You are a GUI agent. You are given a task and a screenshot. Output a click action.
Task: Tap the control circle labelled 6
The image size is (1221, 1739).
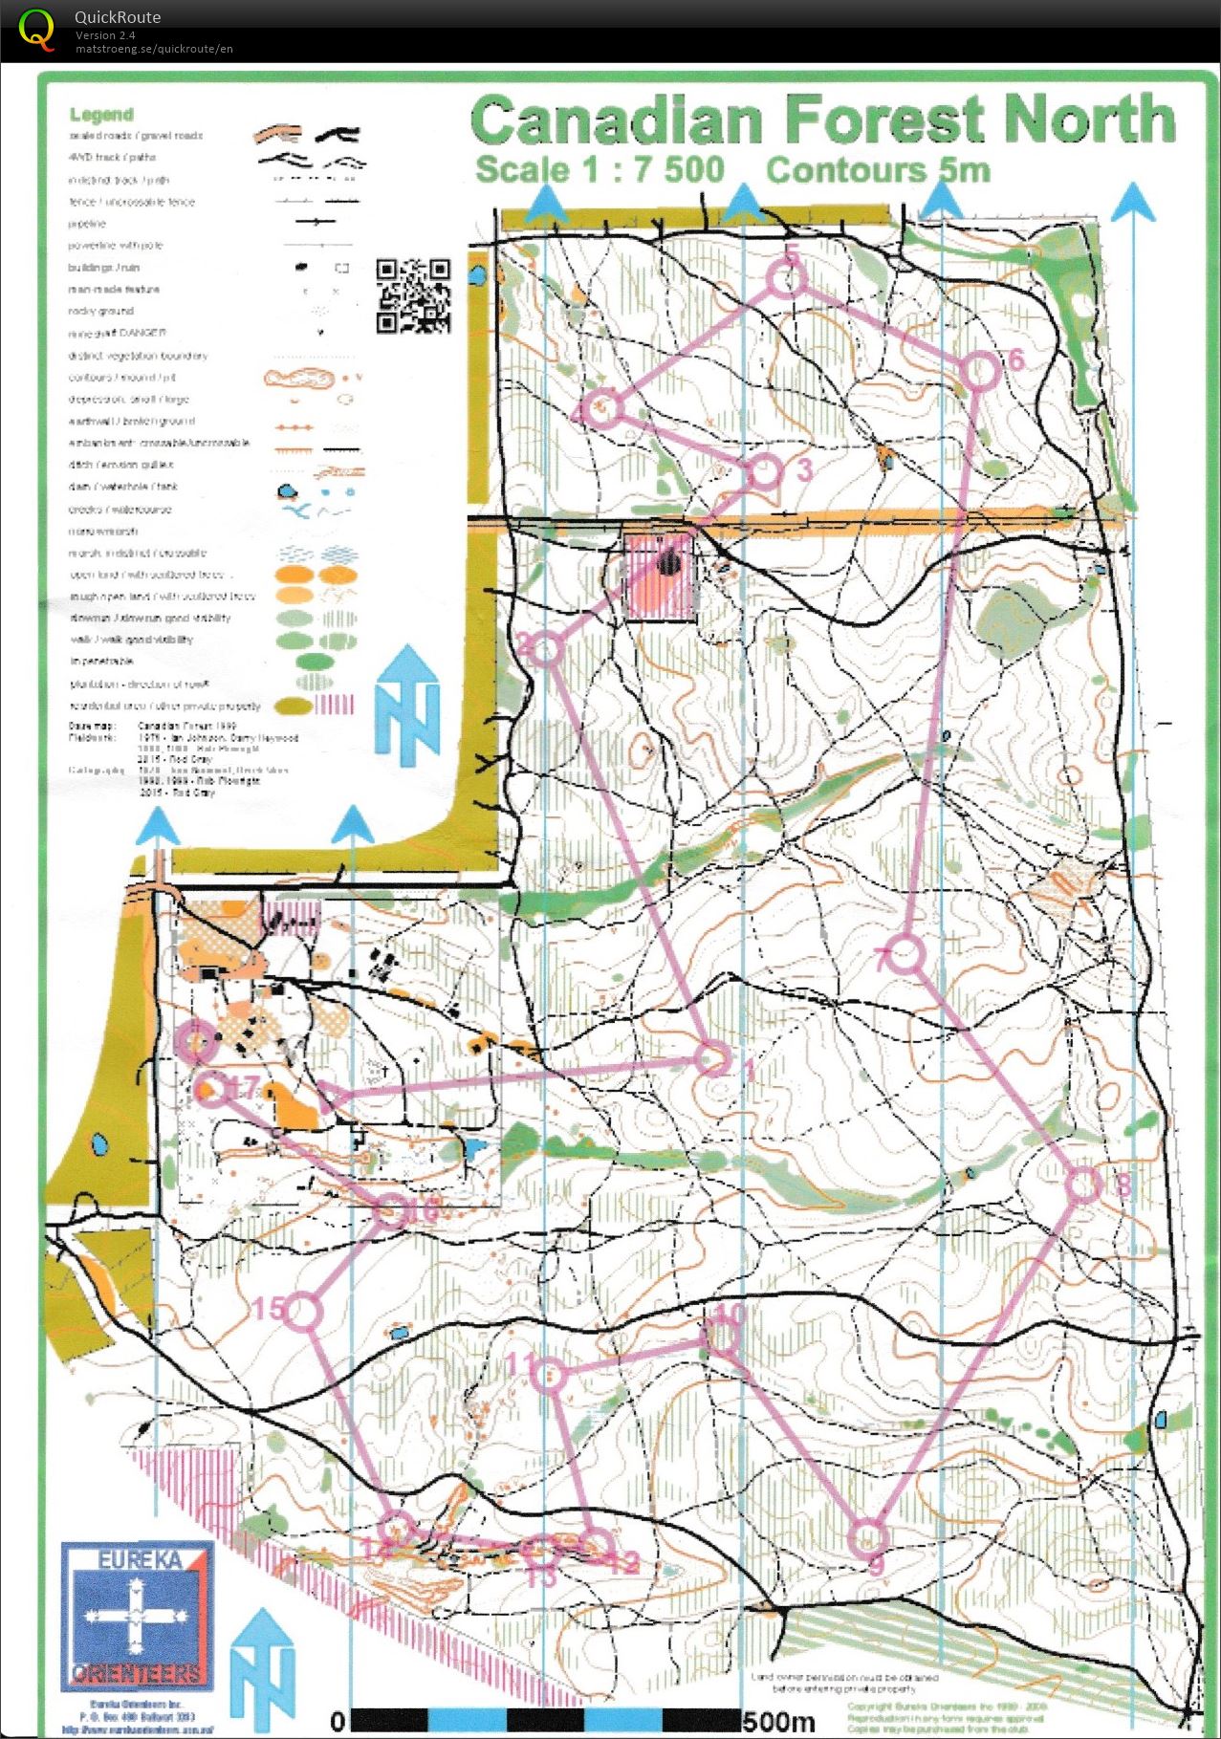979,372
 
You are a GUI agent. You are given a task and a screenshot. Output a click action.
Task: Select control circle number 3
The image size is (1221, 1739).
765,472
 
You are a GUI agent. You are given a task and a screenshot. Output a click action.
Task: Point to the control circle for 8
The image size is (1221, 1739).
1083,1185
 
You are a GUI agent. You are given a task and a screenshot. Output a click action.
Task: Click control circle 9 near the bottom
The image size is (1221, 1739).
868,1536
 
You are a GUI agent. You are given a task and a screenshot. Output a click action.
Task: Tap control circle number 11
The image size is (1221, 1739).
548,1375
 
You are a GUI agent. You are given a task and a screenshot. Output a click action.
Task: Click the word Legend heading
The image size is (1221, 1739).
101,115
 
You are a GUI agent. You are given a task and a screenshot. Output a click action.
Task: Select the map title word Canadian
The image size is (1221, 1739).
616,120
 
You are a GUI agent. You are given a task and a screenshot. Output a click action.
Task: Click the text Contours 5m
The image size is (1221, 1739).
877,171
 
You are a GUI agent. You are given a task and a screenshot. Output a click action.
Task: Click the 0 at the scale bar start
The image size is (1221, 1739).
337,1722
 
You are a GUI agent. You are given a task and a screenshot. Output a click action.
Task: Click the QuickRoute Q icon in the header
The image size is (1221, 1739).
36,29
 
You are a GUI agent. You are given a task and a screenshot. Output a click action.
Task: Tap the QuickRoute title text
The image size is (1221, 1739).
118,17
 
